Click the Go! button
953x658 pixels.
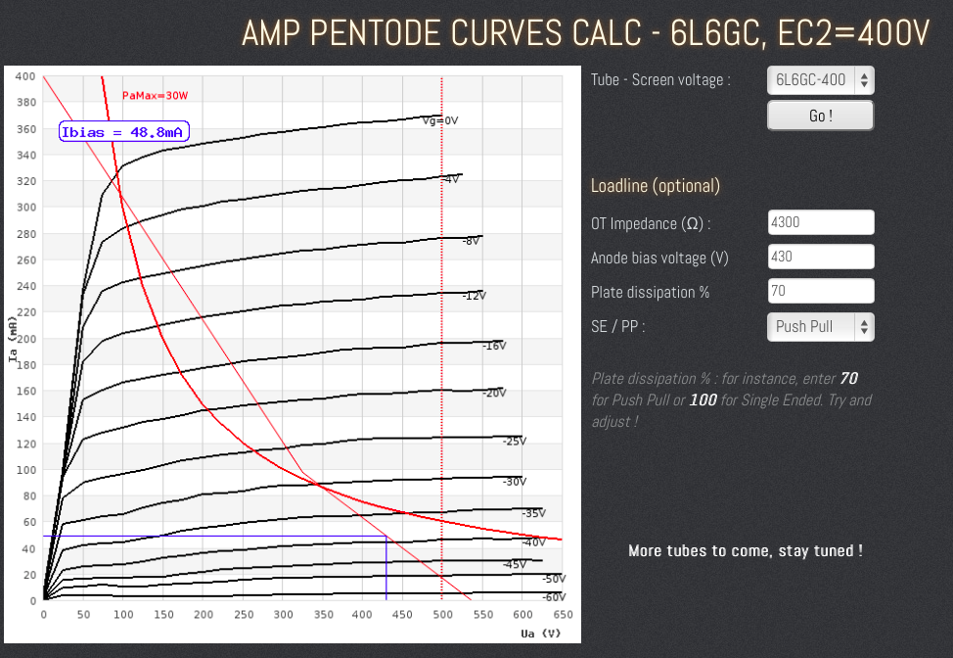(820, 116)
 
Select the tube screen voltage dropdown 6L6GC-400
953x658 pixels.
(820, 80)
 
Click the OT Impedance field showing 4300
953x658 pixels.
(820, 222)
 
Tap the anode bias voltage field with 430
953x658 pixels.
(820, 258)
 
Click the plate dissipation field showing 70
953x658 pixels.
(820, 292)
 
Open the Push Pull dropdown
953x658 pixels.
(820, 326)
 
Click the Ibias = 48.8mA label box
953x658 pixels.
(124, 132)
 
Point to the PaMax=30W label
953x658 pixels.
(154, 96)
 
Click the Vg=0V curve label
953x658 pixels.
(440, 120)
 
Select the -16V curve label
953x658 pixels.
(494, 346)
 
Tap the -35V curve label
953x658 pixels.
(533, 513)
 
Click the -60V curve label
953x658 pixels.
(554, 596)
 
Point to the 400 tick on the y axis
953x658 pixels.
(24, 76)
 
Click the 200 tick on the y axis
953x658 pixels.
(24, 339)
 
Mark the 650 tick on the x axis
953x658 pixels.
(562, 615)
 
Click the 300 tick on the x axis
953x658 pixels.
(283, 615)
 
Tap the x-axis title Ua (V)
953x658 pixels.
(541, 633)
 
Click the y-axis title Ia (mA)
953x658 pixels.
(12, 339)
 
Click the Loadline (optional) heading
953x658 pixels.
(656, 186)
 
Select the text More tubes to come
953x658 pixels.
(745, 550)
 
